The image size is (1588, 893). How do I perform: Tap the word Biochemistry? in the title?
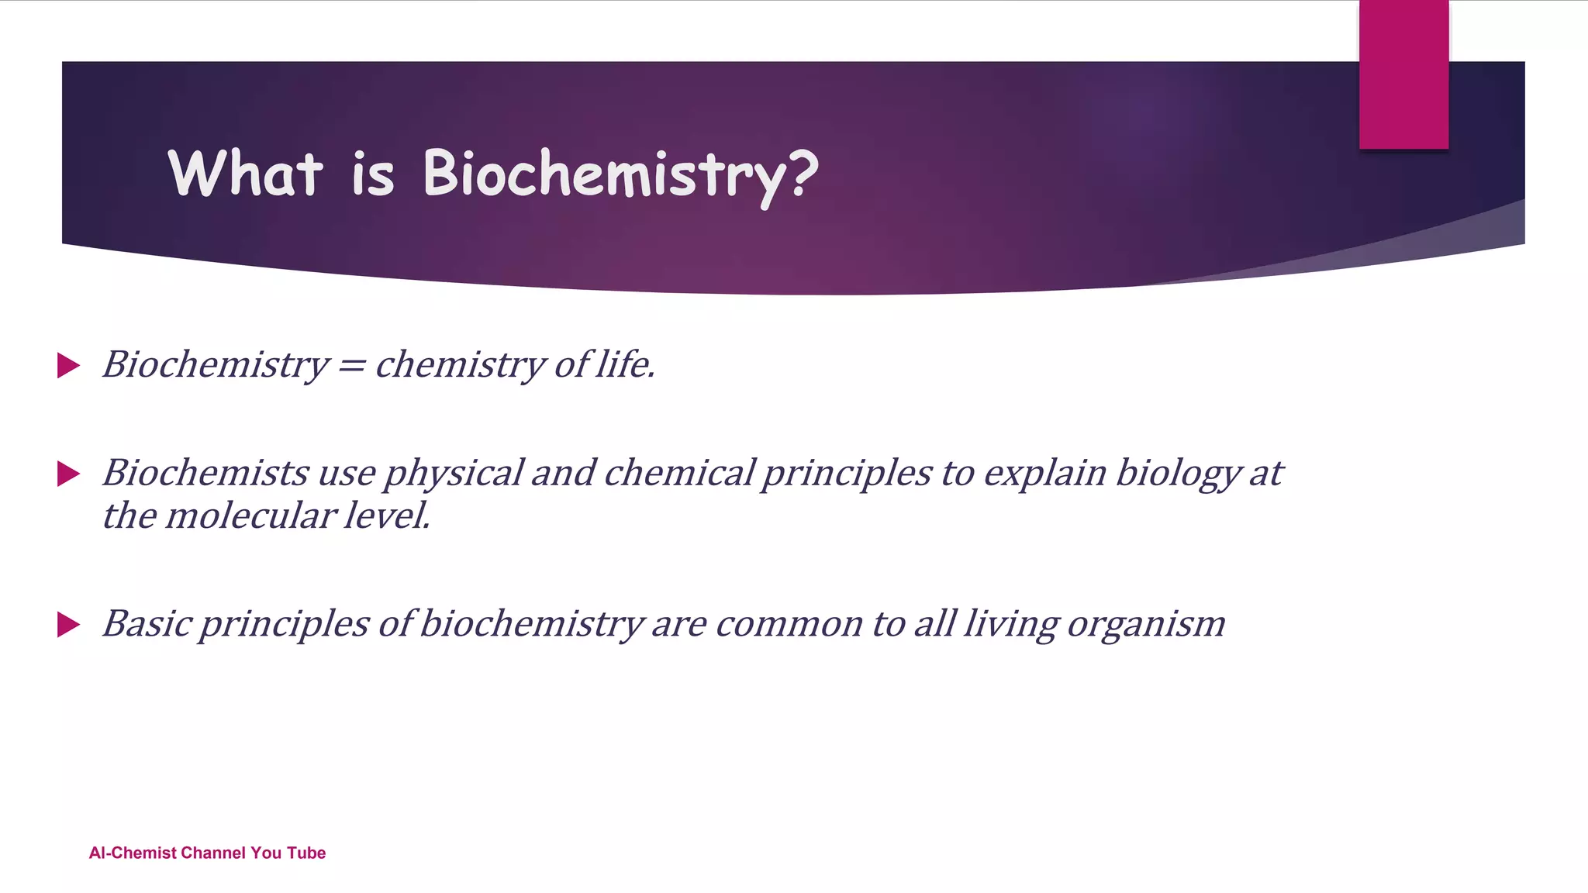pyautogui.click(x=620, y=177)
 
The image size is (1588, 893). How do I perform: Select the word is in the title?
pyautogui.click(x=373, y=174)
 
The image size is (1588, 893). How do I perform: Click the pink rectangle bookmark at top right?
pyautogui.click(x=1403, y=74)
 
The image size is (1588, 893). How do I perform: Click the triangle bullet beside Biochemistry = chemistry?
pyautogui.click(x=68, y=366)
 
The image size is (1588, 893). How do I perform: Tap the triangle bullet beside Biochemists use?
pyautogui.click(x=68, y=474)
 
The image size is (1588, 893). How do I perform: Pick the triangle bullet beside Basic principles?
pyautogui.click(x=68, y=624)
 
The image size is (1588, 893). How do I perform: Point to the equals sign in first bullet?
pyautogui.click(x=351, y=366)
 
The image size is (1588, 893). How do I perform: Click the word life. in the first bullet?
pyautogui.click(x=625, y=364)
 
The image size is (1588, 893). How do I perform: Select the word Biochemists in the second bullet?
pyautogui.click(x=205, y=472)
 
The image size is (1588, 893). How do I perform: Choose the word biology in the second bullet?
pyautogui.click(x=1178, y=474)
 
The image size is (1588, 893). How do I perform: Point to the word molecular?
pyautogui.click(x=250, y=515)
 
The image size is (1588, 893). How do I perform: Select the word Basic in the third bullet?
pyautogui.click(x=147, y=623)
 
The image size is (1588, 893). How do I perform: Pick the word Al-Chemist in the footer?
pyautogui.click(x=133, y=853)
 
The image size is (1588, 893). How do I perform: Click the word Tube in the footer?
pyautogui.click(x=306, y=853)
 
